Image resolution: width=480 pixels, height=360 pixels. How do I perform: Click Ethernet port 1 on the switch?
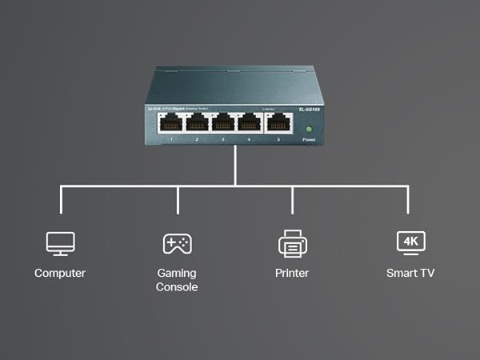(170, 122)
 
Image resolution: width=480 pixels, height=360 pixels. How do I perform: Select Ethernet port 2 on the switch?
(197, 122)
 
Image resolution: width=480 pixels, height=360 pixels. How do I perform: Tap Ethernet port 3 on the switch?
(223, 122)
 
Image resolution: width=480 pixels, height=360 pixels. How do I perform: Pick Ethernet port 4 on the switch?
(250, 122)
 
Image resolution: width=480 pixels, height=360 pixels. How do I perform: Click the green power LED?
(309, 128)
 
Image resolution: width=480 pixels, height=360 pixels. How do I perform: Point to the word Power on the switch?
(309, 140)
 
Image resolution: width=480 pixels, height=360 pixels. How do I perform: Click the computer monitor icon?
(60, 242)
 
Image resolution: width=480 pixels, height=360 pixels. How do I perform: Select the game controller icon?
(177, 242)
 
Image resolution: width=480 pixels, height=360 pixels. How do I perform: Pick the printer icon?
(292, 242)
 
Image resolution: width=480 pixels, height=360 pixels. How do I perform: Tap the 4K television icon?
(411, 242)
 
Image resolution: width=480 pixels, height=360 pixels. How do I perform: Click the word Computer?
(60, 274)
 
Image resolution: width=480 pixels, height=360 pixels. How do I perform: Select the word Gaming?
(177, 273)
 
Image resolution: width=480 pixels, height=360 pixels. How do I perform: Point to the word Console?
(177, 287)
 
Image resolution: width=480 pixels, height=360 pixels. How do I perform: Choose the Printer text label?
(292, 274)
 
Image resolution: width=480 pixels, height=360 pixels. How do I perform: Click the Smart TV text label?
(411, 274)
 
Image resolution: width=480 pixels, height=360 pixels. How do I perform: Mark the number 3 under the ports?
(223, 140)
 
